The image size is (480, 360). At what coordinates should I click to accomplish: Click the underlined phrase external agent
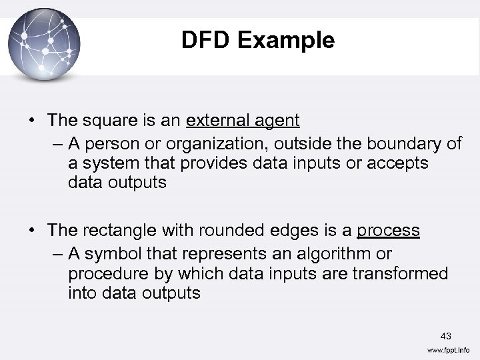[x=243, y=121]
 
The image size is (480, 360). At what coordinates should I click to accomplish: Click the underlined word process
[x=388, y=231]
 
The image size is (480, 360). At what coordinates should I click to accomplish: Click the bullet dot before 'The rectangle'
[x=32, y=231]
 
